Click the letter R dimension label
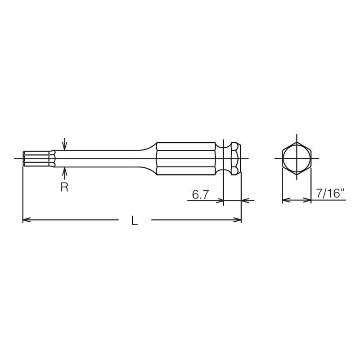coord(64,187)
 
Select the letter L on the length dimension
coord(134,220)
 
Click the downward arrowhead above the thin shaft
coord(65,147)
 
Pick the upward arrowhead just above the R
coord(65,170)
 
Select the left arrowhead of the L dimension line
coord(26,220)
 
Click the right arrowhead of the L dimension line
coord(238,220)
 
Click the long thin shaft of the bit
coord(103,159)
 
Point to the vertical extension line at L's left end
coord(22,193)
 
